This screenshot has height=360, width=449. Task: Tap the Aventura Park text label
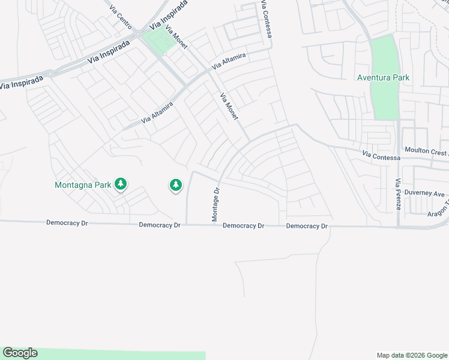coord(383,78)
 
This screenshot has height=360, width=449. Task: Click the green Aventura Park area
coord(384,99)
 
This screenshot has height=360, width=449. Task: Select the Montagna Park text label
coord(83,185)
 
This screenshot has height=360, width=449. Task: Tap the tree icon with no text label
coord(175,185)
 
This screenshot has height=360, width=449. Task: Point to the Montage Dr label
coord(217,205)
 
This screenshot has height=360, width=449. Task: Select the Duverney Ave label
coord(424,194)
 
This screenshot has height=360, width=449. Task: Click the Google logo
coord(20,353)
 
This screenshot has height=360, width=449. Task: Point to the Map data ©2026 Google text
coord(412,355)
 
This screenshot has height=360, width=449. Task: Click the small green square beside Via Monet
coord(156,41)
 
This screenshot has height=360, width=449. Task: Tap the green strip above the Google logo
coord(120,355)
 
